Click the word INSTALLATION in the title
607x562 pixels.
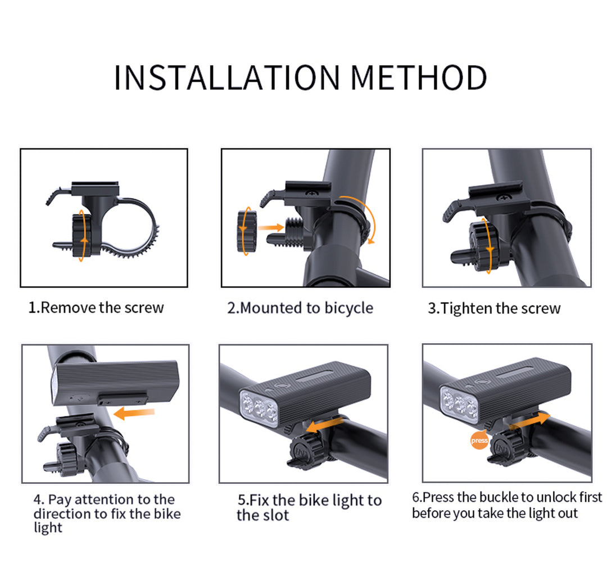227,78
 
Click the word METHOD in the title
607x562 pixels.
418,78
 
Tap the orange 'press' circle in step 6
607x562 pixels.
479,440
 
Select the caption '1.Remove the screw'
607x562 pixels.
96,308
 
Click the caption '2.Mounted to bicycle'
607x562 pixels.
300,308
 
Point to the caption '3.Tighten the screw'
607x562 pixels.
494,308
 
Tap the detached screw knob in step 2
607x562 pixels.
246,230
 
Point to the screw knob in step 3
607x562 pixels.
482,246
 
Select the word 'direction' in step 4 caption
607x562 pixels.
61,514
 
